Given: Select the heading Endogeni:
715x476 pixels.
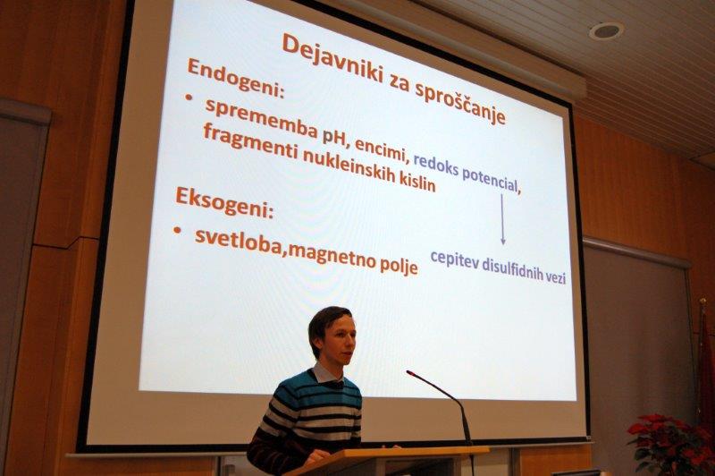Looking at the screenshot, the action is (236, 77).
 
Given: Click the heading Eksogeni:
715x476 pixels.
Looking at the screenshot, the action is (225, 202).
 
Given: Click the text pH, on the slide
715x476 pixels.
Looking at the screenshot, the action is (336, 140).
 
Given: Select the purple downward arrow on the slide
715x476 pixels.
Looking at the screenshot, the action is (502, 219).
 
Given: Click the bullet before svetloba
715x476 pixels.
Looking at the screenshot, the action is (177, 231).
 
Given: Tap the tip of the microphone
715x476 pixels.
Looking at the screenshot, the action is (409, 373).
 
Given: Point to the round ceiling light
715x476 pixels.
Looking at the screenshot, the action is (606, 31).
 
